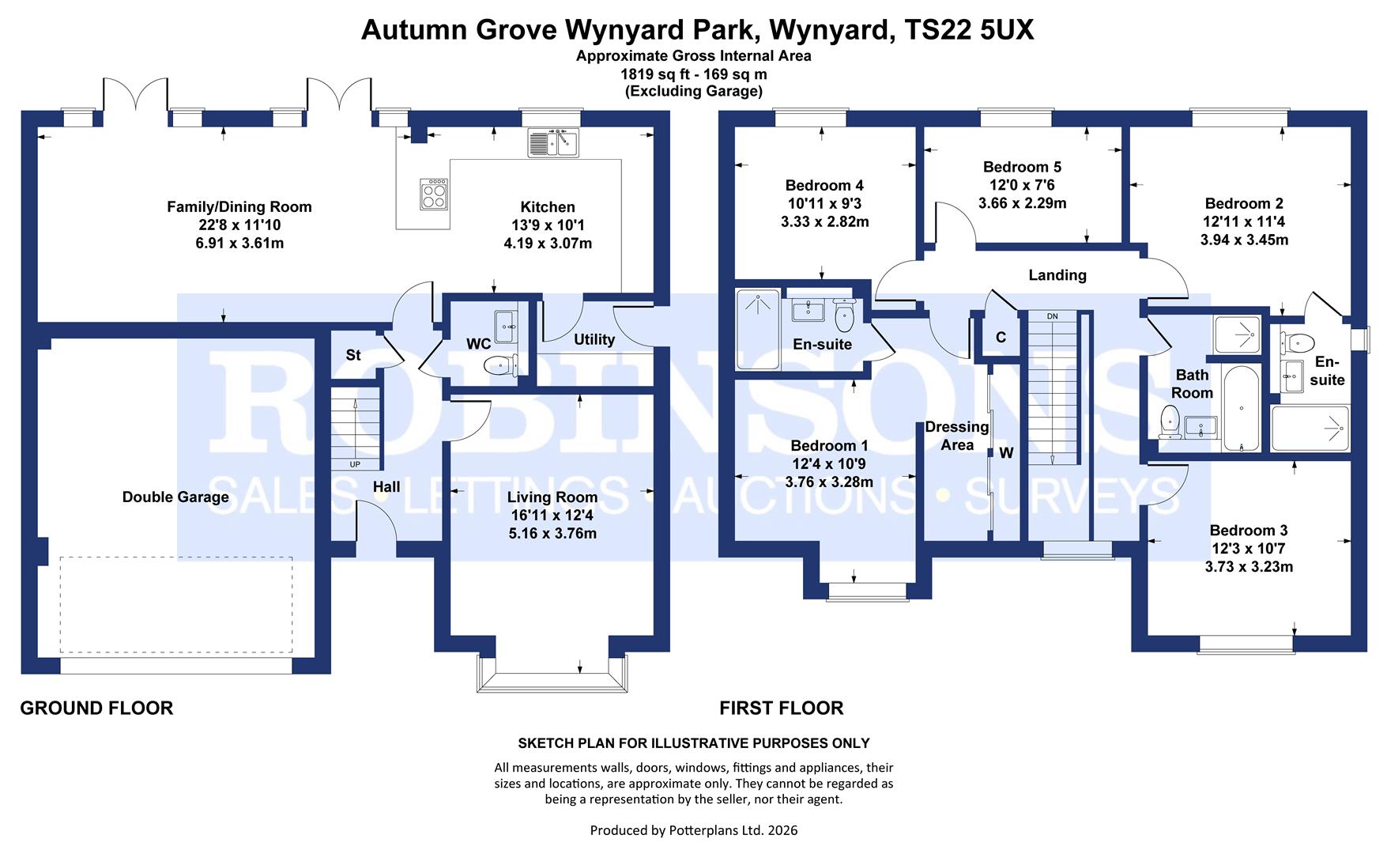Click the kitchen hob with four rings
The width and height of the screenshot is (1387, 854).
[x=434, y=194]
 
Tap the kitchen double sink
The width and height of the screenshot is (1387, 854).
[x=553, y=143]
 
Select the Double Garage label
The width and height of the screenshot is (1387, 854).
[x=175, y=497]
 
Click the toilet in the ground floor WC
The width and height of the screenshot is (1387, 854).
[x=499, y=365]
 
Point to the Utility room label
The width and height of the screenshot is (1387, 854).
[x=594, y=339]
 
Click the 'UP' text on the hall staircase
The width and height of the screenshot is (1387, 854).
[x=355, y=464]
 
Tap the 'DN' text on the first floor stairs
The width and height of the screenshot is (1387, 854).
[x=1052, y=317]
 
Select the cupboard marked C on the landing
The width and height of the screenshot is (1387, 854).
[x=1001, y=338]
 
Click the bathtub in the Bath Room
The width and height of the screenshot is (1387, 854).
[x=1242, y=408]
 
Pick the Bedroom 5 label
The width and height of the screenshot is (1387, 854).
[x=1022, y=167]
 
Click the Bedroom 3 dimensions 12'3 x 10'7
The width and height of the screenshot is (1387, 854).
[x=1249, y=549]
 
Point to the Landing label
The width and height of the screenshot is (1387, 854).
[x=1057, y=275]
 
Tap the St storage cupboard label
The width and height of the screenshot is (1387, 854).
[x=353, y=355]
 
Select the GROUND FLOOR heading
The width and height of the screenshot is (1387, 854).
[x=96, y=708]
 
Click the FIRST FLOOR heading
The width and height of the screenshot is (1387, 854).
[x=782, y=708]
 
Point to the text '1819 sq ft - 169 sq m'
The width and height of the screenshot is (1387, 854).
[x=694, y=74]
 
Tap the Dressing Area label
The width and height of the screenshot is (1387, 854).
[x=957, y=436]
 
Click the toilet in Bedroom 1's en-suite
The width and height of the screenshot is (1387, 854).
[x=845, y=316]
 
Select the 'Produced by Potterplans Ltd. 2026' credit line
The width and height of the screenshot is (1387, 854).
[x=694, y=830]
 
